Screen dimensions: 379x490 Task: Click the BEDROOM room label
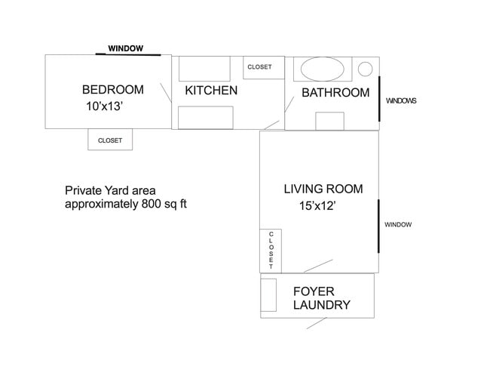pyautogui.click(x=111, y=91)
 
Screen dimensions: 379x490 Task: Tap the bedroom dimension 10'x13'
pyautogui.click(x=105, y=107)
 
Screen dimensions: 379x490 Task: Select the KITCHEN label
pyautogui.click(x=211, y=91)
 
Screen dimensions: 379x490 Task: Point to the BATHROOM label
pyautogui.click(x=335, y=93)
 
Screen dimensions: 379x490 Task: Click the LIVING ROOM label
pyautogui.click(x=323, y=189)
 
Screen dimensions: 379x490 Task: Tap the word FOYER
pyautogui.click(x=314, y=291)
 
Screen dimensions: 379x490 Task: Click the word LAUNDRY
pyautogui.click(x=322, y=305)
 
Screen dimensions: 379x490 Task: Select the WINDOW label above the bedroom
pyautogui.click(x=125, y=48)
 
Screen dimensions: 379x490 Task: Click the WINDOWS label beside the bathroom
pyautogui.click(x=401, y=100)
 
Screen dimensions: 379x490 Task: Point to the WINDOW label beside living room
pyautogui.click(x=398, y=224)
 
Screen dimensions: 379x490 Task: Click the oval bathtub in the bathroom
pyautogui.click(x=325, y=70)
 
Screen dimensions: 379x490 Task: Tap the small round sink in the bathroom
pyautogui.click(x=365, y=69)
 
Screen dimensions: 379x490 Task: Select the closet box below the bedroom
pyautogui.click(x=110, y=140)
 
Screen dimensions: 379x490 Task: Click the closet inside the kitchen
pyautogui.click(x=260, y=67)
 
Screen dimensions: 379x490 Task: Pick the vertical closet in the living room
pyautogui.click(x=271, y=250)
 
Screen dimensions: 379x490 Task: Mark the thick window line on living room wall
pyautogui.click(x=378, y=226)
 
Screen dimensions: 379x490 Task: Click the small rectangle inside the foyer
pyautogui.click(x=269, y=295)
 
